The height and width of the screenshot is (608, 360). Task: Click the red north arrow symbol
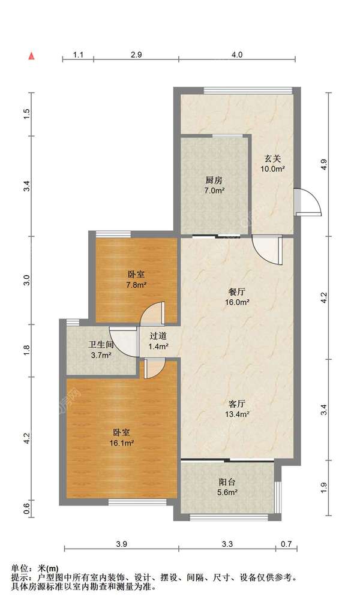(32, 56)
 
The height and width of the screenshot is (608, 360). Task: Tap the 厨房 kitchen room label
(214, 185)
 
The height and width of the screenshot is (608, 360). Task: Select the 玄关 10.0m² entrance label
(273, 163)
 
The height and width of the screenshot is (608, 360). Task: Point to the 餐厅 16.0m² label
(236, 297)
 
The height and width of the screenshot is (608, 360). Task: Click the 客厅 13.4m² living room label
(237, 409)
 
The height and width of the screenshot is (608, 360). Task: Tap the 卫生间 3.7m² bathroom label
(101, 349)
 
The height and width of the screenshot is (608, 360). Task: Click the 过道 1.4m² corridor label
(158, 341)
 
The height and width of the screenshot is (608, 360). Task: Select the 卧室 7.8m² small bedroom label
(136, 279)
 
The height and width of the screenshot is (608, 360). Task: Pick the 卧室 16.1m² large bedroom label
(121, 437)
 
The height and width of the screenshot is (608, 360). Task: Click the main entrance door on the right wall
(307, 201)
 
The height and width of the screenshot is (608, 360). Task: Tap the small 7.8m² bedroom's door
(153, 313)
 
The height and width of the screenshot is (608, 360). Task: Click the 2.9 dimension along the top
(136, 55)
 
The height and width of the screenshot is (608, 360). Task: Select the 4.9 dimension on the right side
(324, 164)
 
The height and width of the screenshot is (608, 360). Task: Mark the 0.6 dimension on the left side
(26, 508)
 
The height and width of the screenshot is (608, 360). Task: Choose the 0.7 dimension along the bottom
(286, 544)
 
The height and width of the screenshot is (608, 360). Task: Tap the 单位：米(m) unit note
(35, 569)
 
